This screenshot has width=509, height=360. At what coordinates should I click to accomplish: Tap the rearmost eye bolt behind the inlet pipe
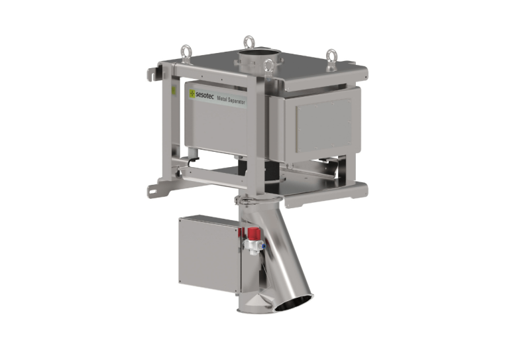pos(249,43)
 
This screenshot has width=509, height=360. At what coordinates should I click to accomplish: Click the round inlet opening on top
pos(258,53)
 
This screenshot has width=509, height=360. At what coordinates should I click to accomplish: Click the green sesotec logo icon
pos(192,93)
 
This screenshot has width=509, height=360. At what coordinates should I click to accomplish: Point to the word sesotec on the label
pos(205,95)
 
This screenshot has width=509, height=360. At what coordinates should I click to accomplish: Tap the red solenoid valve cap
pos(254,233)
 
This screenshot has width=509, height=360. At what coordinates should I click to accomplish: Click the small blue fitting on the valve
pos(264,247)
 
